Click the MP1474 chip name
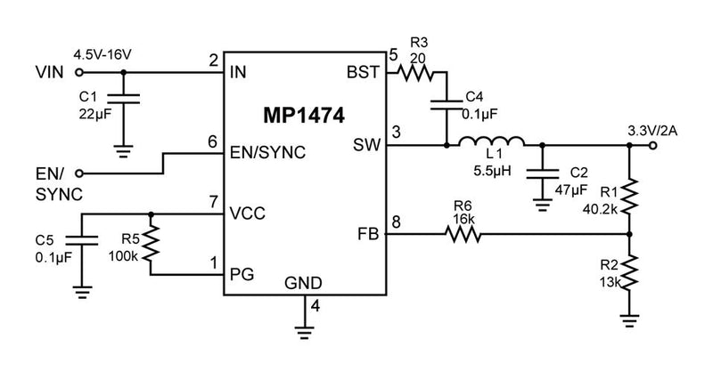click(303, 117)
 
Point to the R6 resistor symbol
click(463, 235)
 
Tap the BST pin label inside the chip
click(366, 73)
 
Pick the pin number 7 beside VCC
click(213, 202)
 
